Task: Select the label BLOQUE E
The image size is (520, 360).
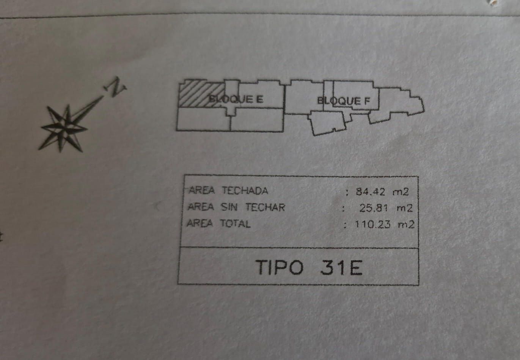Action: pyautogui.click(x=236, y=99)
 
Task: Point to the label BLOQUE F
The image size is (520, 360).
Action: pyautogui.click(x=343, y=101)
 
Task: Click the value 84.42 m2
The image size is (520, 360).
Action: pyautogui.click(x=382, y=192)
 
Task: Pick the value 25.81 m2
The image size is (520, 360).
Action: pyautogui.click(x=385, y=208)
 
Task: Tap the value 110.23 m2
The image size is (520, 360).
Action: pyautogui.click(x=384, y=224)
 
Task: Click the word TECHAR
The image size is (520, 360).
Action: pyautogui.click(x=265, y=207)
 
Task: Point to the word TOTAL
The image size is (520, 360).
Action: pyautogui.click(x=235, y=223)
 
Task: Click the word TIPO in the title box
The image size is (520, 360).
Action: pyautogui.click(x=279, y=267)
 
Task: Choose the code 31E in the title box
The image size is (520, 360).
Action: pyautogui.click(x=341, y=267)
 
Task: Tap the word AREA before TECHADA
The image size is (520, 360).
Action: pyautogui.click(x=201, y=190)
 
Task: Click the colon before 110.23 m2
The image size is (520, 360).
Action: pyautogui.click(x=345, y=225)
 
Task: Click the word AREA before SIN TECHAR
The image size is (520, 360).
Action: pyautogui.click(x=201, y=207)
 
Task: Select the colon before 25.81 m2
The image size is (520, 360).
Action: pyautogui.click(x=343, y=208)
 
